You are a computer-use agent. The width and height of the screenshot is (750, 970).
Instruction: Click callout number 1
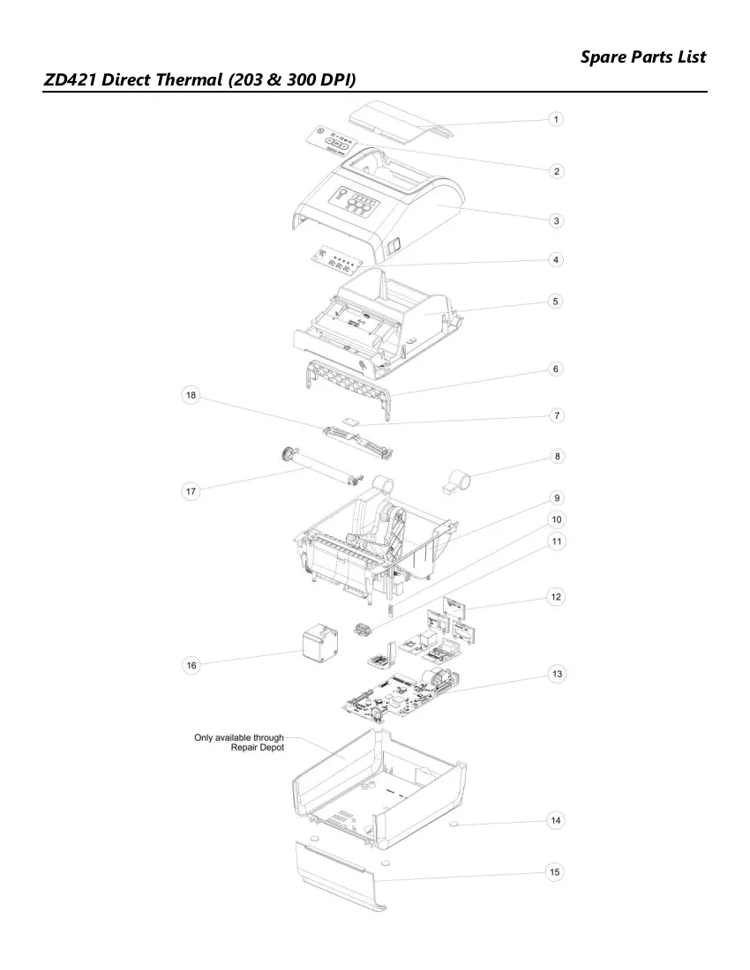pos(556,119)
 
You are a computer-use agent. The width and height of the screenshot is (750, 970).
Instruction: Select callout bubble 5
pos(556,302)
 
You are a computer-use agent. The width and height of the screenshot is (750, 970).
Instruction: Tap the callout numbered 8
pos(557,457)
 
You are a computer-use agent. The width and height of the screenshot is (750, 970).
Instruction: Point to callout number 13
pos(557,674)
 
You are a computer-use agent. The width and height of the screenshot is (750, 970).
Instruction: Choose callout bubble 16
pos(191,665)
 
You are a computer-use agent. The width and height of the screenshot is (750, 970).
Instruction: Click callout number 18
pos(191,395)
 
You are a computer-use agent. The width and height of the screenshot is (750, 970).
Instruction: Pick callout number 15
pos(555,871)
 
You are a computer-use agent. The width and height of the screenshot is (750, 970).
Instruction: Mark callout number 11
pos(557,541)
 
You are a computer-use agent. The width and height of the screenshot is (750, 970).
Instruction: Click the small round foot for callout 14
pos(454,824)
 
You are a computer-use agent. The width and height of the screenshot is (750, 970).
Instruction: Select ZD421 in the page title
pos(69,79)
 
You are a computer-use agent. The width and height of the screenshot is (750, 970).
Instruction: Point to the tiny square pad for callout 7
pos(352,422)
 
